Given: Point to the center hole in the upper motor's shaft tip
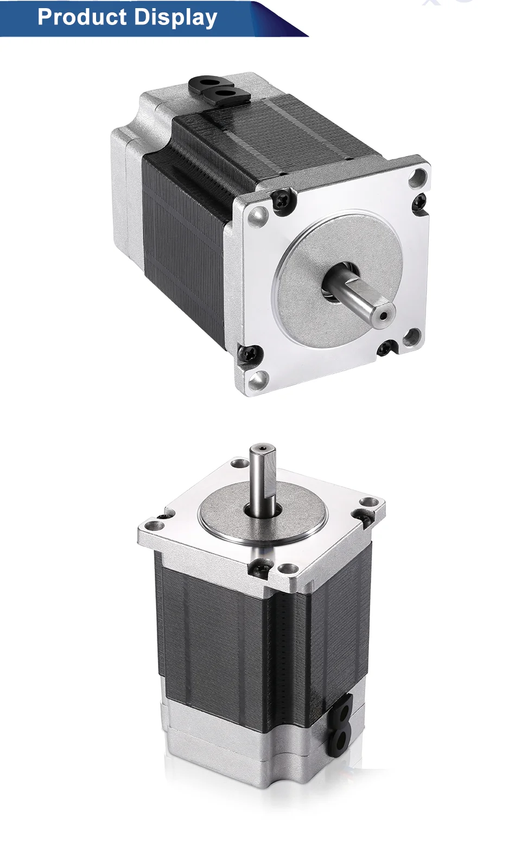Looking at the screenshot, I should point(384,315).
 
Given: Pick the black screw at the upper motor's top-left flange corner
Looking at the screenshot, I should point(285,199).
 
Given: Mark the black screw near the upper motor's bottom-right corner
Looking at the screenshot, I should point(386,348).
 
